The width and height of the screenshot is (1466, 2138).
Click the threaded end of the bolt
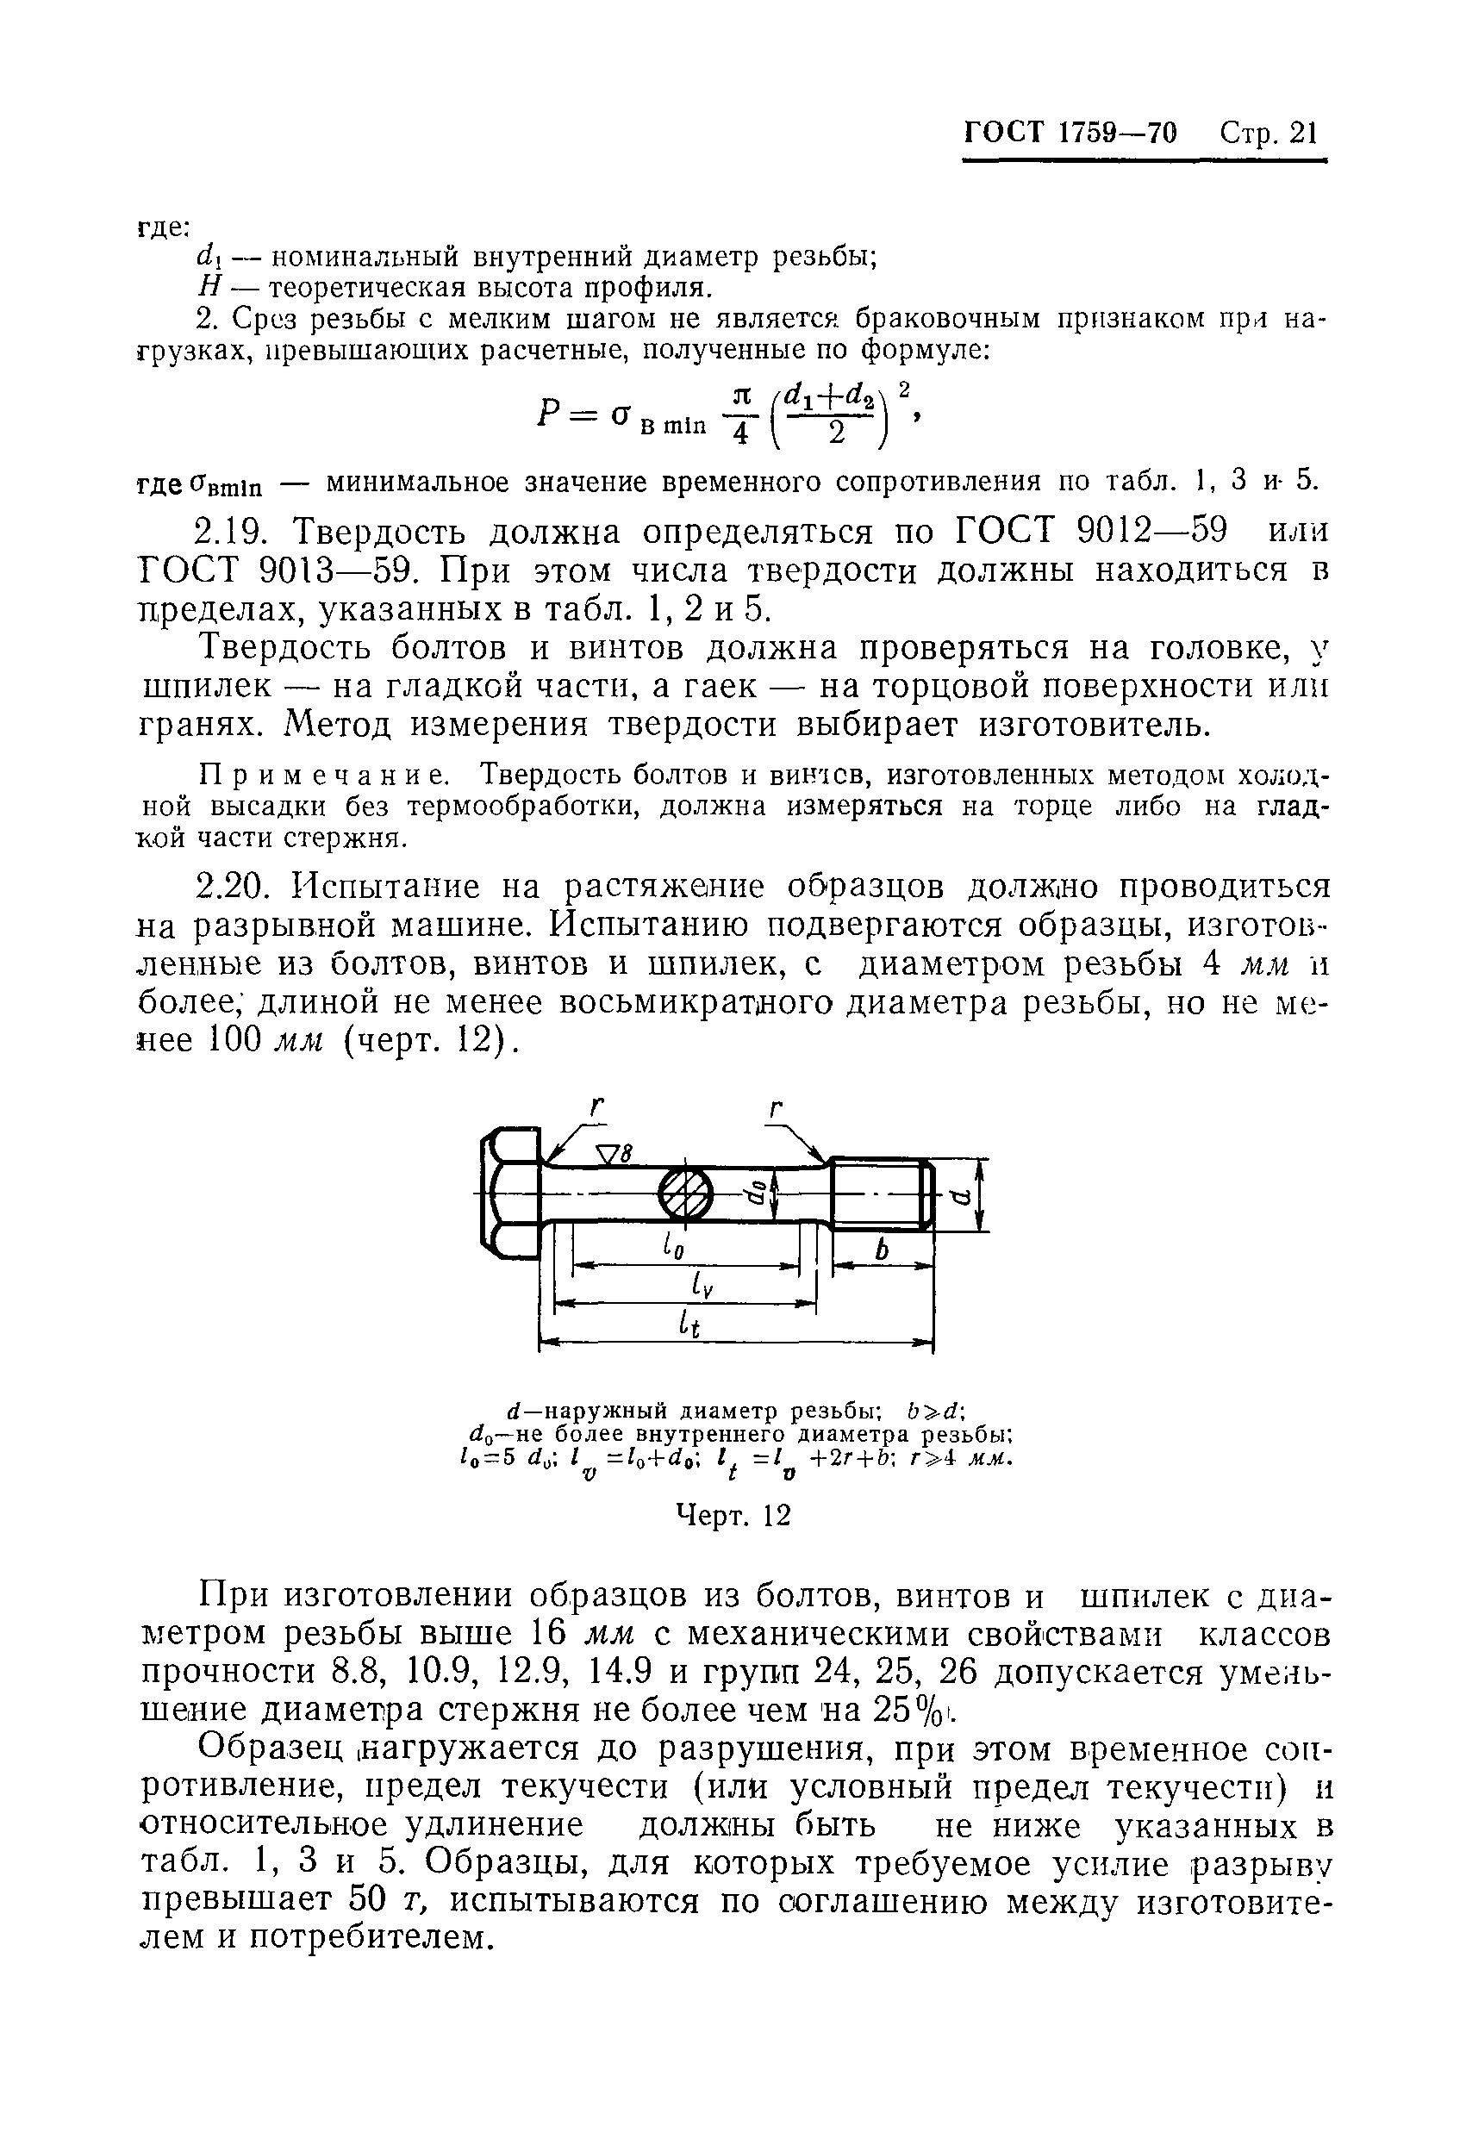882,1194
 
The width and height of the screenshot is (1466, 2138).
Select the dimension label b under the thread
883,1250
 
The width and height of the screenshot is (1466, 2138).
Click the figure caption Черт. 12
733,1515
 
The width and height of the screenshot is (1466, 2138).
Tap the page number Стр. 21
1269,134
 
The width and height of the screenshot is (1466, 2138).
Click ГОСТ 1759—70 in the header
1070,134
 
